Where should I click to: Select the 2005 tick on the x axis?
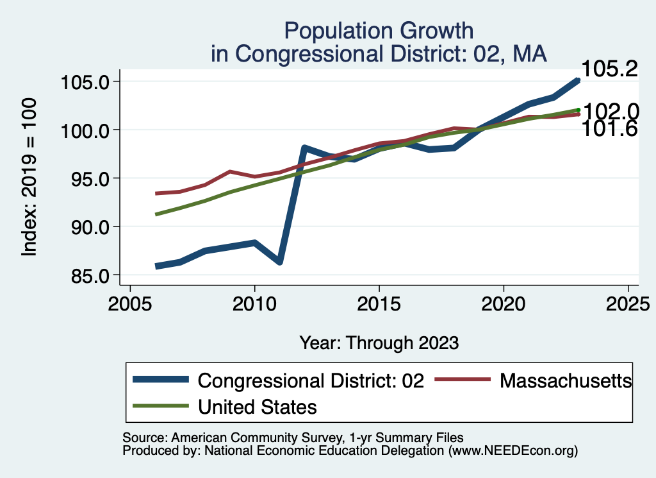[130, 302]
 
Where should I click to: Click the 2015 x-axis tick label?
[379, 302]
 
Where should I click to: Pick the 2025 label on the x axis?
[628, 302]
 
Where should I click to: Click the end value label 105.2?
[609, 69]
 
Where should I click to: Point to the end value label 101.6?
[609, 129]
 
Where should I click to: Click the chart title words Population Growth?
[379, 31]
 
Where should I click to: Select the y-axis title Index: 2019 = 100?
[29, 178]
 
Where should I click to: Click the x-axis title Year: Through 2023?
[379, 343]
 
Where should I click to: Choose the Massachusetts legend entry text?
[566, 380]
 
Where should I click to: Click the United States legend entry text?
[258, 406]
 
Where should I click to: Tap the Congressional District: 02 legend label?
[311, 380]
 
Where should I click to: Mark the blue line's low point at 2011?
[279, 261]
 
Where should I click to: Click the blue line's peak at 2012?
[305, 148]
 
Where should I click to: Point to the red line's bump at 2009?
[230, 172]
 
